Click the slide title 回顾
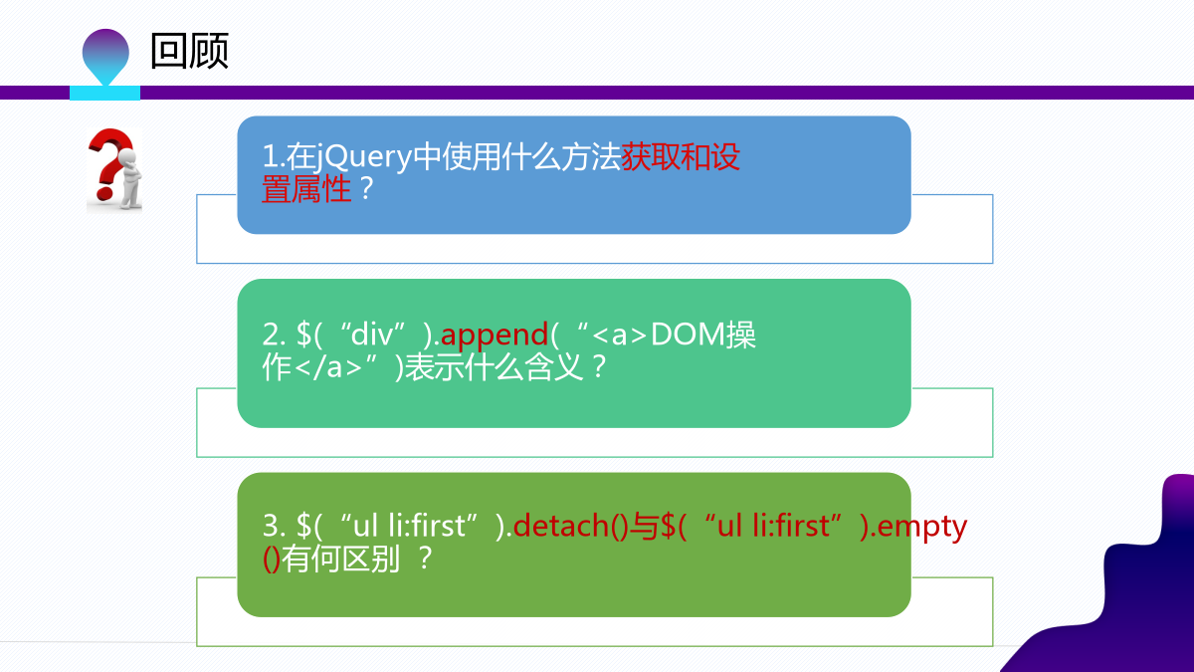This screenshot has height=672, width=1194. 189,51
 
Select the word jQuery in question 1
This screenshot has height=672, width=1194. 364,157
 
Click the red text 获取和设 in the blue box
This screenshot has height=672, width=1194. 681,157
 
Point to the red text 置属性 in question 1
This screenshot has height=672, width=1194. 306,189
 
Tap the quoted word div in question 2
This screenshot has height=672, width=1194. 372,335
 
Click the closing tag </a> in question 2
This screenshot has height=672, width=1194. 327,367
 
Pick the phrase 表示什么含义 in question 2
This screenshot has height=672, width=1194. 495,367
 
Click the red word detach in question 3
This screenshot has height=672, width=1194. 561,526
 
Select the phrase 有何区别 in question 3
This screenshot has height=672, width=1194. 340,559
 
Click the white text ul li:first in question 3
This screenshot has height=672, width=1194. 409,526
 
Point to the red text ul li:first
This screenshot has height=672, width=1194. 774,526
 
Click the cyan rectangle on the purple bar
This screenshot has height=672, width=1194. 105,93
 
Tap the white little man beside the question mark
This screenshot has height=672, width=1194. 129,178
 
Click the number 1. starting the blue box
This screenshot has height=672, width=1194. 274,157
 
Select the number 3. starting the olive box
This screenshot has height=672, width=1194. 275,526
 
